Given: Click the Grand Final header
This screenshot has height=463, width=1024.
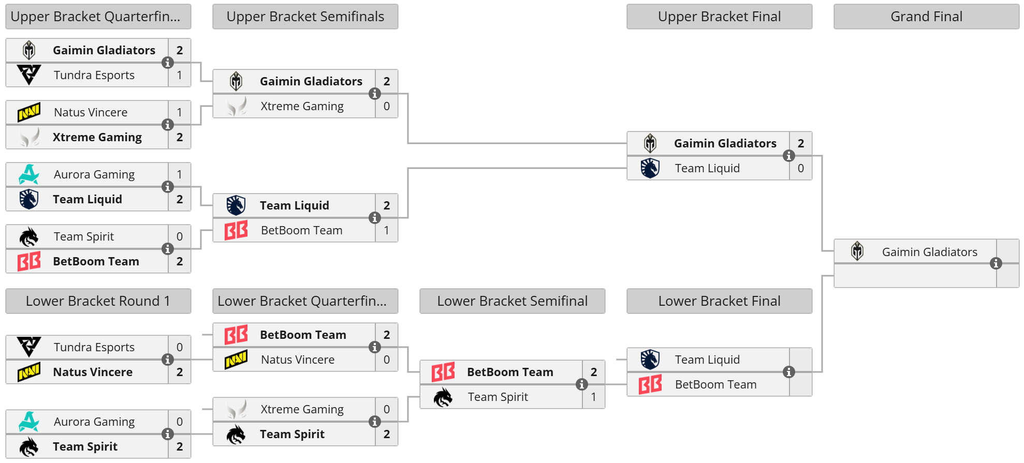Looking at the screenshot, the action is tap(926, 17).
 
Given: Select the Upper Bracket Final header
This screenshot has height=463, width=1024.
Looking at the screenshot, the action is tap(719, 17).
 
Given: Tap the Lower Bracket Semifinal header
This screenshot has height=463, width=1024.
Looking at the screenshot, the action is tap(512, 301).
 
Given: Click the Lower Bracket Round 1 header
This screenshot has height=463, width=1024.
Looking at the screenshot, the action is tap(98, 301).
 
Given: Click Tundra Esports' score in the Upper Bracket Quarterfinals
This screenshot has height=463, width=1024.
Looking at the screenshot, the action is tap(180, 76).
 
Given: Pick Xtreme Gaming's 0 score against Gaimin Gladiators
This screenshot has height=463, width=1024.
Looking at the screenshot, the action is tap(387, 107).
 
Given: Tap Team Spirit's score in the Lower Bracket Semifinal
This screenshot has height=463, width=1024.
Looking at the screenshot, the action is tap(594, 397).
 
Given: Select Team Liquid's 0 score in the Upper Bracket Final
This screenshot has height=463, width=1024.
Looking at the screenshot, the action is tap(801, 169).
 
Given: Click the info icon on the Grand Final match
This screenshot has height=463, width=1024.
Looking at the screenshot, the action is tap(996, 263).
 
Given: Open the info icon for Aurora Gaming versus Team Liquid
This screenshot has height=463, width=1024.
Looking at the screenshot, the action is tap(168, 187).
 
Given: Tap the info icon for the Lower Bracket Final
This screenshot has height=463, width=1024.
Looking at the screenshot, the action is tap(789, 372).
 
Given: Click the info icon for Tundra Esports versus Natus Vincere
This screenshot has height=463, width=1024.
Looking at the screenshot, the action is tap(168, 360).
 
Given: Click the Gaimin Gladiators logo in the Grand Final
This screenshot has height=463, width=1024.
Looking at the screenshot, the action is tap(857, 251).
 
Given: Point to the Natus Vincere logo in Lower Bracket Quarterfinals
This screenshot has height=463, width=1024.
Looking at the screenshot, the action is tap(236, 360).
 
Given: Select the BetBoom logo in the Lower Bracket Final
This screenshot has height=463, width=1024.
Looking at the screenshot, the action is tap(650, 384).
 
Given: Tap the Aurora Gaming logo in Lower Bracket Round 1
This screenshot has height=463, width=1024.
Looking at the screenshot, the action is tap(29, 422).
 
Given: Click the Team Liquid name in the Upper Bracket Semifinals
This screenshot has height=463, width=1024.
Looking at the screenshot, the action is tap(295, 206).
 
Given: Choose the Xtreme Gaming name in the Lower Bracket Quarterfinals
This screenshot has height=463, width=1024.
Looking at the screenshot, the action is tap(302, 410).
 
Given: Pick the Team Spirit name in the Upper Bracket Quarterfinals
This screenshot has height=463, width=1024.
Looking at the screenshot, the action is tap(84, 237).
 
